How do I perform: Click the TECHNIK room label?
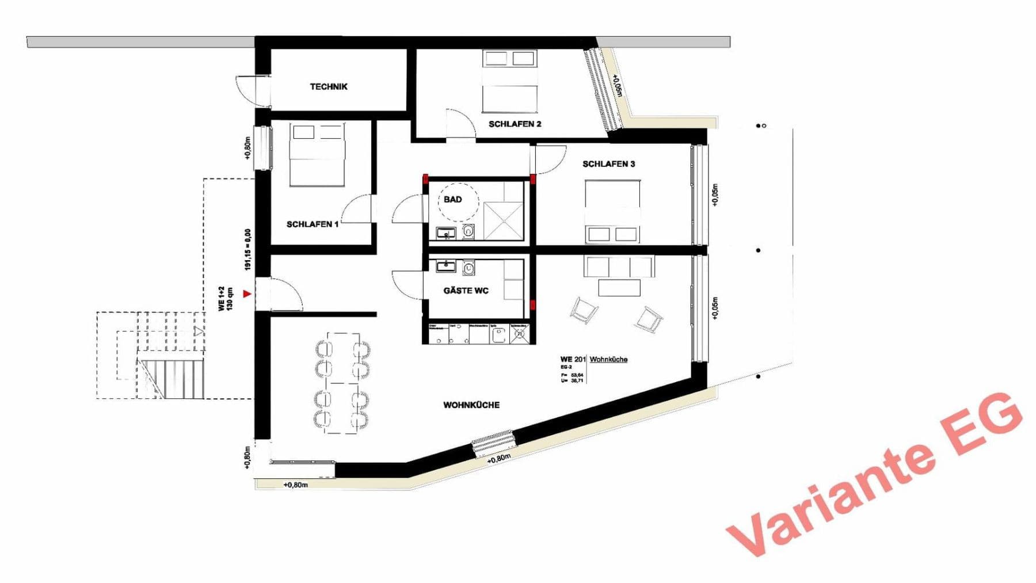[329, 87]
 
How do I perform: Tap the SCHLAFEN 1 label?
[313, 224]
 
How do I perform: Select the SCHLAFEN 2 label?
[515, 124]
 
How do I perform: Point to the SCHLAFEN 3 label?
[608, 164]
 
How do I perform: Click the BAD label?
[452, 200]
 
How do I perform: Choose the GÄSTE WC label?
[466, 291]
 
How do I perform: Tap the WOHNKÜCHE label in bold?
[471, 405]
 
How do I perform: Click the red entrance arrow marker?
[247, 294]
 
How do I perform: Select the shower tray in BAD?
[504, 220]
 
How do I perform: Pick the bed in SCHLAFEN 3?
[613, 212]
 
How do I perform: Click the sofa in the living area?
[619, 267]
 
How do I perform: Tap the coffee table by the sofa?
[619, 287]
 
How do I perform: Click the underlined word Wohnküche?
[608, 360]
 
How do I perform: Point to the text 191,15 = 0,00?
[248, 250]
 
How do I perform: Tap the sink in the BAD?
[445, 233]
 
